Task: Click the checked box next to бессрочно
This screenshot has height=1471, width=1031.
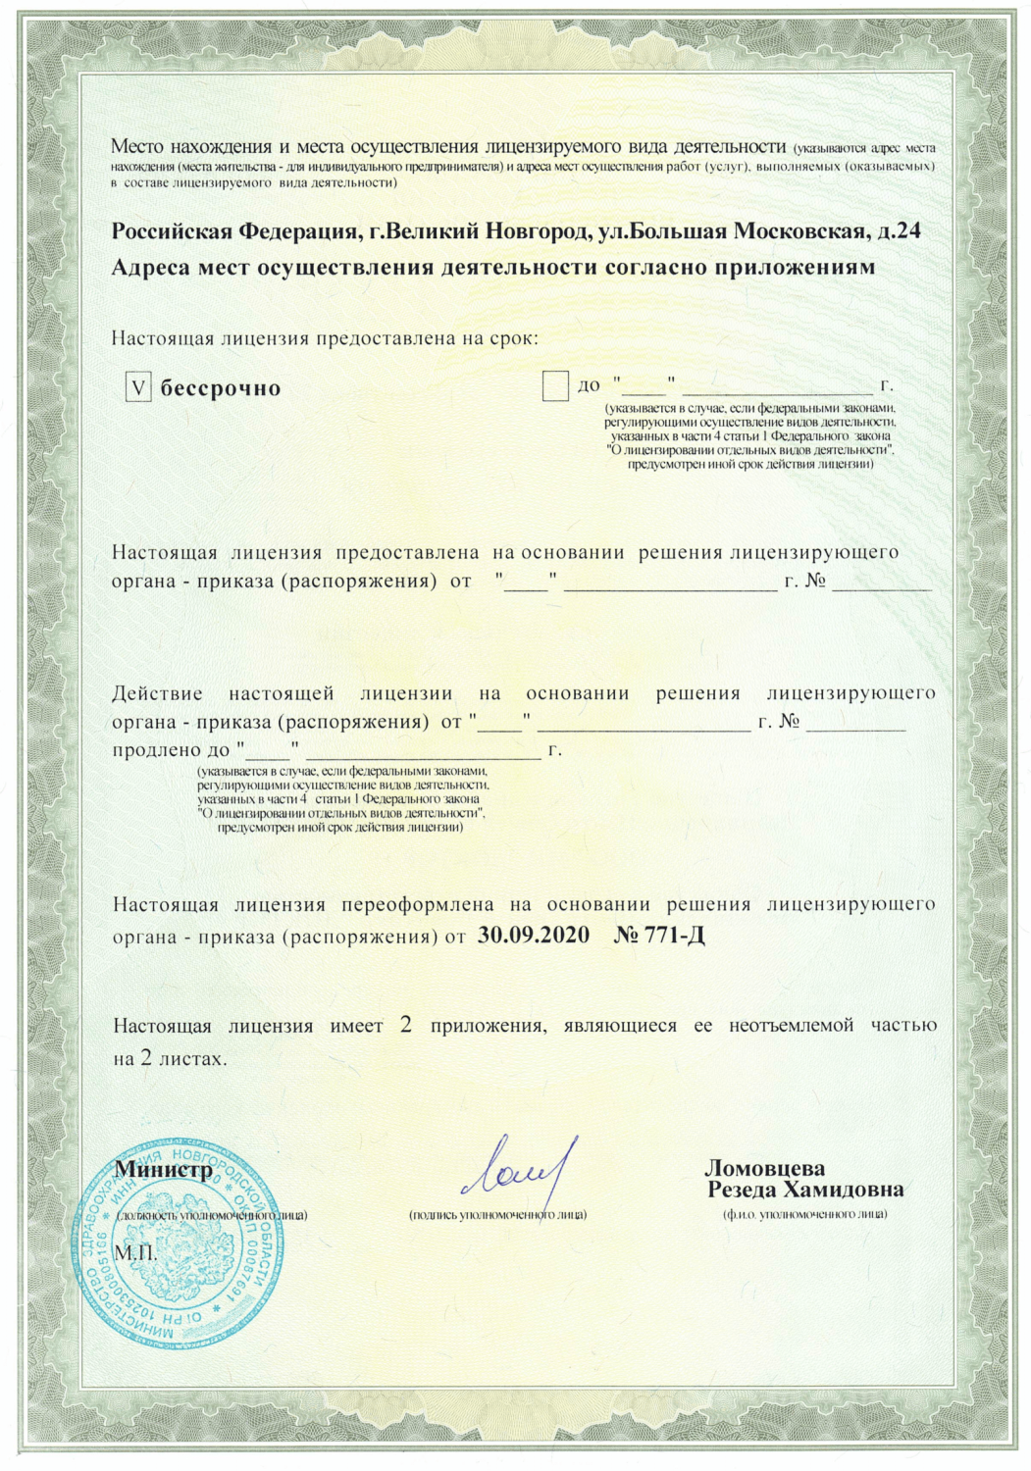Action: [x=139, y=387]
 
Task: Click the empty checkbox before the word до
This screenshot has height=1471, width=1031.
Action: [x=555, y=386]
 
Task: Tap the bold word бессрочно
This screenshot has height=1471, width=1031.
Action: [x=221, y=388]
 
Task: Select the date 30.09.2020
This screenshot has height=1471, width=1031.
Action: [x=534, y=935]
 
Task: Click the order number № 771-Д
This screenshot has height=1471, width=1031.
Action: [x=659, y=935]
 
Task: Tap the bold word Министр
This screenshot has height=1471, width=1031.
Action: [x=164, y=1170]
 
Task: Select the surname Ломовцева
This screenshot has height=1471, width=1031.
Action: [x=764, y=1168]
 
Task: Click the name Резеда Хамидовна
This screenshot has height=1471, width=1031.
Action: [x=805, y=1191]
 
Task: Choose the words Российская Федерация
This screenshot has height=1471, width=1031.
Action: [x=232, y=232]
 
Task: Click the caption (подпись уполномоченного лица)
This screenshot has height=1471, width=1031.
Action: [x=497, y=1215]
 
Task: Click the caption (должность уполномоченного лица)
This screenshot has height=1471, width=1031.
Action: [x=211, y=1215]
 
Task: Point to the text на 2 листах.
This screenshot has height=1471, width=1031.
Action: [x=170, y=1060]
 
